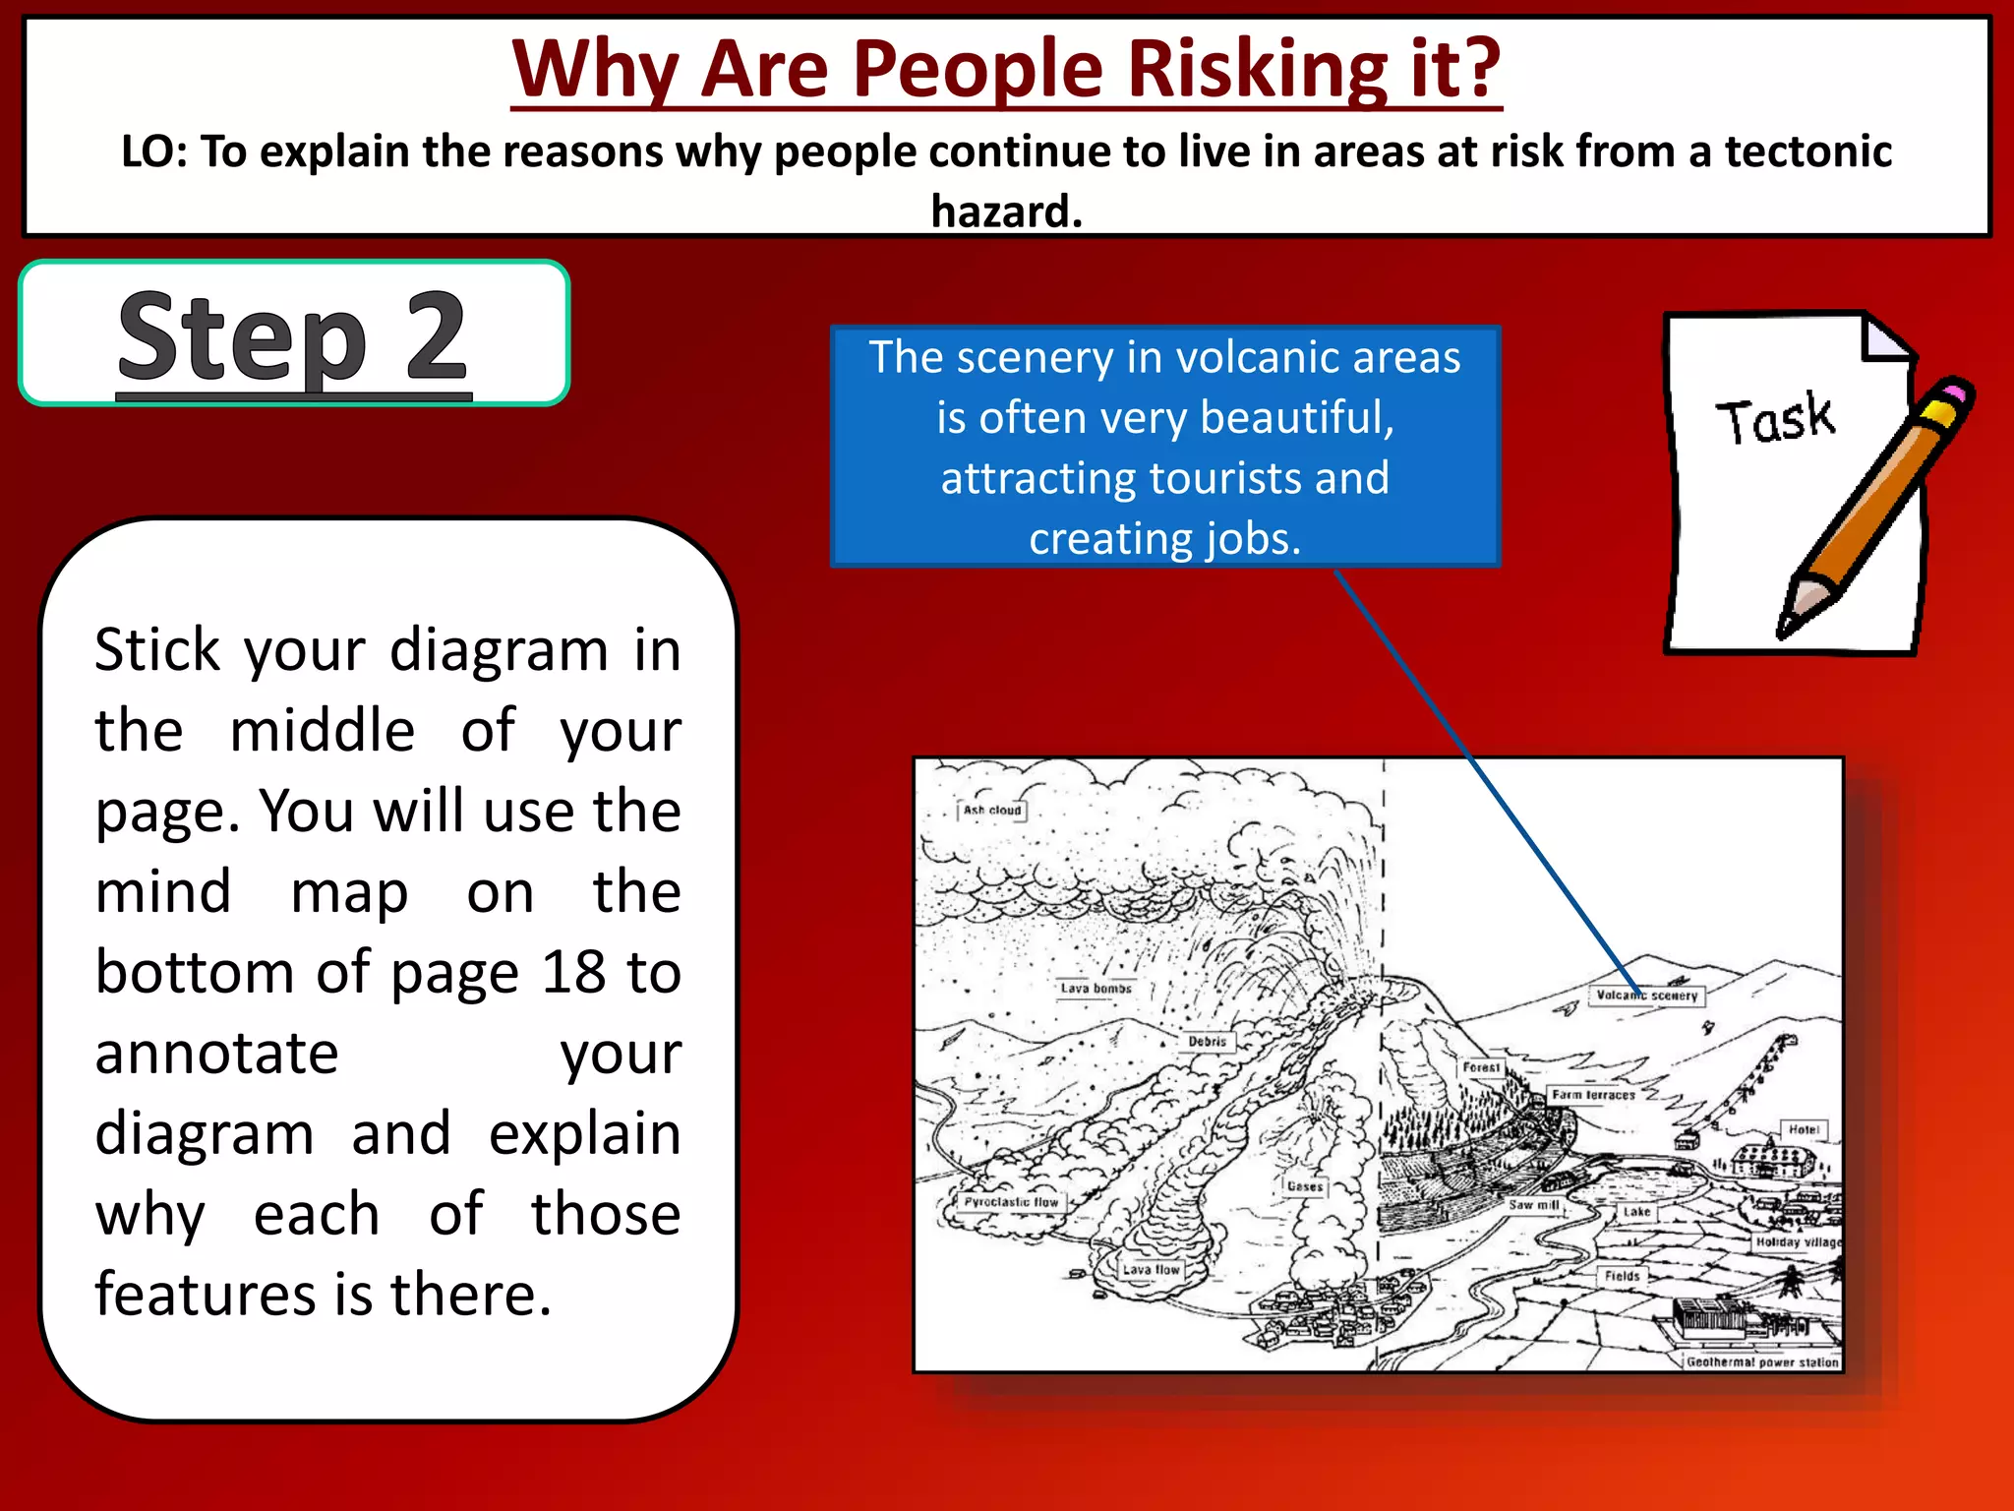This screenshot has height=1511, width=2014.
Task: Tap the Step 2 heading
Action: point(293,336)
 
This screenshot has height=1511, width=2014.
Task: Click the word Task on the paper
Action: point(1775,420)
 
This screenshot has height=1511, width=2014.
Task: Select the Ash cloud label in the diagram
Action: point(992,811)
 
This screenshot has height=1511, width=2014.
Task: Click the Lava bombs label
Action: point(1096,989)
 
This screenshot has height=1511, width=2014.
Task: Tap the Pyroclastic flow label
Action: point(1011,1202)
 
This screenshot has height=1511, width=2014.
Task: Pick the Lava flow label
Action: point(1151,1270)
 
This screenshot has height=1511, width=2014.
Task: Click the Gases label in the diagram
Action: point(1305,1186)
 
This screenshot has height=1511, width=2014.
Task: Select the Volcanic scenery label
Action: point(1646,996)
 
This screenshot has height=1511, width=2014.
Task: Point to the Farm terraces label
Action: point(1593,1095)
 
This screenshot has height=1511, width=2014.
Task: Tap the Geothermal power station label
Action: point(1761,1362)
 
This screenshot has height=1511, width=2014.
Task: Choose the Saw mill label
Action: point(1533,1205)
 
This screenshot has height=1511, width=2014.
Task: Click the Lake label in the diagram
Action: point(1636,1212)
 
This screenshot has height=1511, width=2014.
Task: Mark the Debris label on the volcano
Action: point(1207,1041)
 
